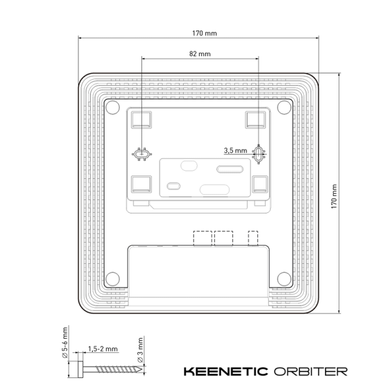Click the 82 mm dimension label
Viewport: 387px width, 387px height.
[199, 54]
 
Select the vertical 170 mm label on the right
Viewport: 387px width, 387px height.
[333, 193]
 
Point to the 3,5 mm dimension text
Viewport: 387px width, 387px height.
[235, 150]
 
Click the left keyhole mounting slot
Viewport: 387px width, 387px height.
[141, 154]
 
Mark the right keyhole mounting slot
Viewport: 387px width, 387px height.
[259, 154]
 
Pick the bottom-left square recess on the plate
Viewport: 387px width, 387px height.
[140, 185]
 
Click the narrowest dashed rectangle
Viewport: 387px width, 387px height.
[253, 237]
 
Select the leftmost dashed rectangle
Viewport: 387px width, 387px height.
[202, 237]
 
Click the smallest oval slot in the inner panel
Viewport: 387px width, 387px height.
[174, 186]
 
